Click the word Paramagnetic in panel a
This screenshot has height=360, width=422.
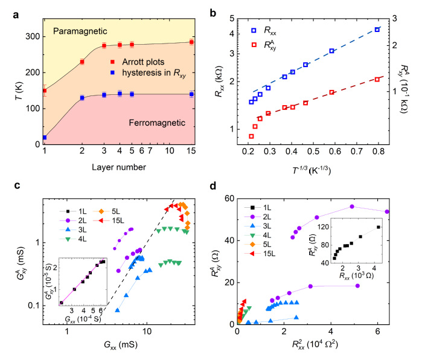(x=80, y=30)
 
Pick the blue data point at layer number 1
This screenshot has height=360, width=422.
(x=45, y=138)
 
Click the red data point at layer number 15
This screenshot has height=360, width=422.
(x=191, y=42)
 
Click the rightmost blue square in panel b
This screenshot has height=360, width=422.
(x=377, y=29)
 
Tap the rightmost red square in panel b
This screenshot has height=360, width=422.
(x=377, y=79)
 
